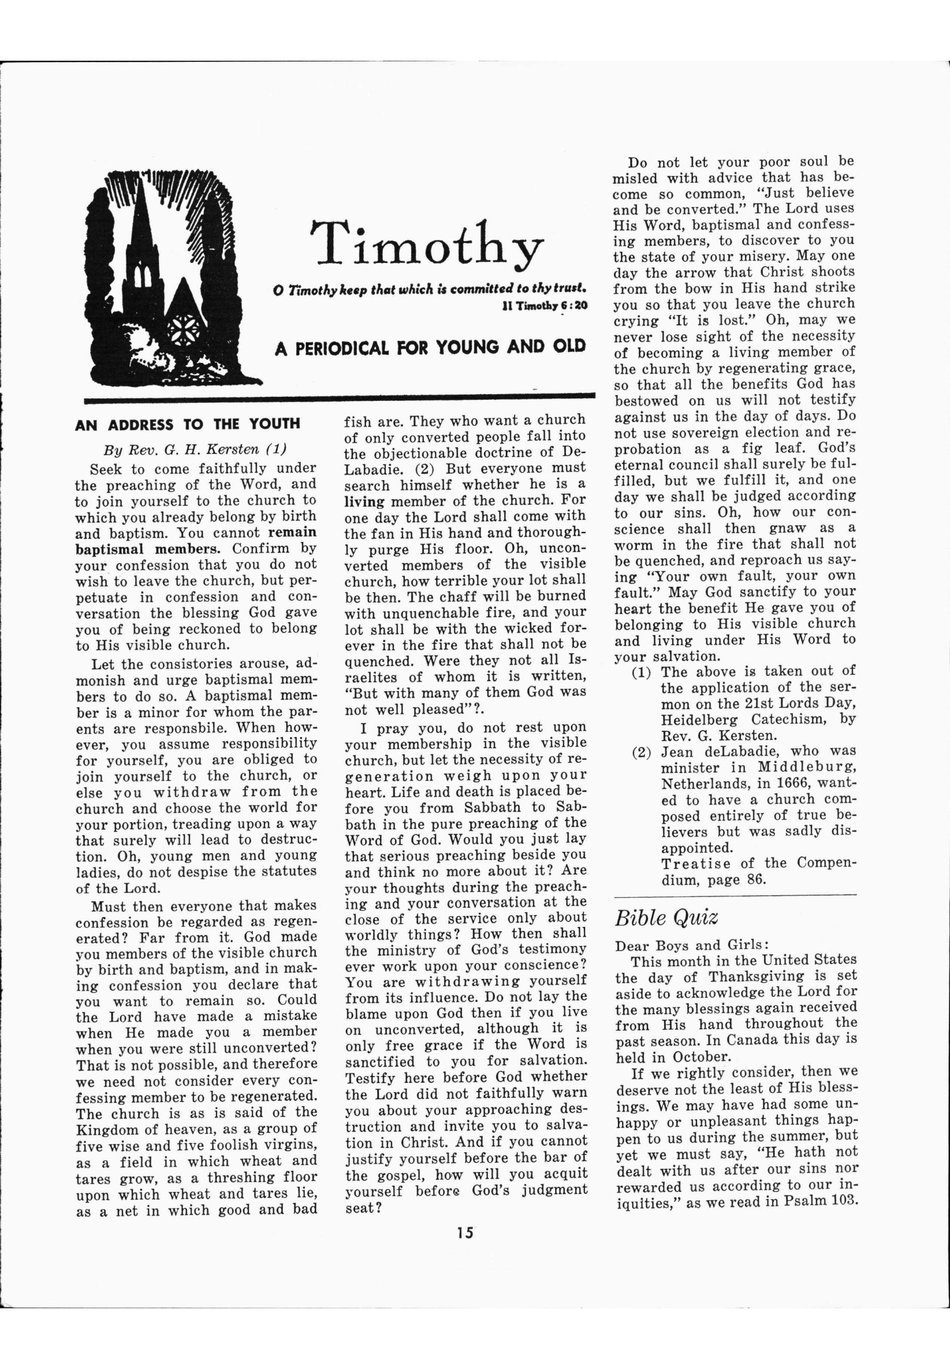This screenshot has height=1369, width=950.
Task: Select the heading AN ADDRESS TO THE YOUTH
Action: [187, 424]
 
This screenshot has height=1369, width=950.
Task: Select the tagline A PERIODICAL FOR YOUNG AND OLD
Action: [430, 347]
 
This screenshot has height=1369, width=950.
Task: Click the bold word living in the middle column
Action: [365, 501]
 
